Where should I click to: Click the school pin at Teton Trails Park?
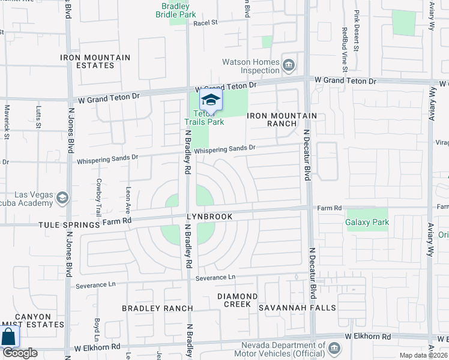(211, 99)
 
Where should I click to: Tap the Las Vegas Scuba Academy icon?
(61, 198)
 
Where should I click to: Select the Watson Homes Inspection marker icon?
(288, 64)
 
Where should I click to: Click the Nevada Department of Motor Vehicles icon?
(334, 348)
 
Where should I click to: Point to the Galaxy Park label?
(367, 223)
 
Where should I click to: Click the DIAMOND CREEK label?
(237, 300)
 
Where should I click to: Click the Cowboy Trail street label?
(98, 197)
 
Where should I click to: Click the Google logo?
(20, 353)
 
